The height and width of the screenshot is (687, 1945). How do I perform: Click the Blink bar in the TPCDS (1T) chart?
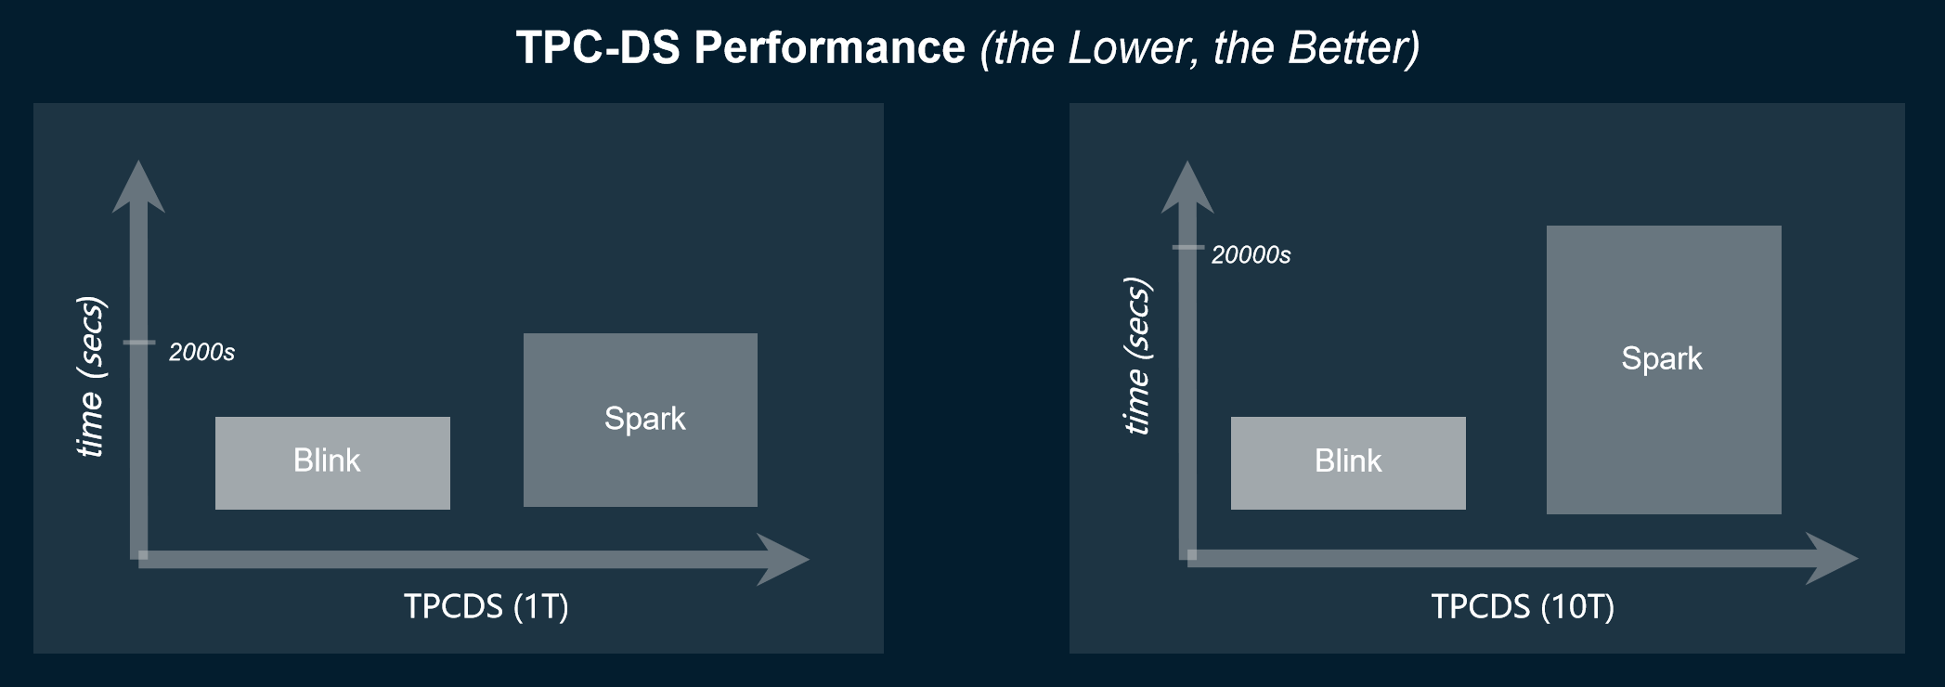pyautogui.click(x=332, y=462)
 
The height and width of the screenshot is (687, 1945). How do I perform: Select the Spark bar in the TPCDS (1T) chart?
pyautogui.click(x=641, y=420)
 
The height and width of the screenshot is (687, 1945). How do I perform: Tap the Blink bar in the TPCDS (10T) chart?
pyautogui.click(x=1348, y=462)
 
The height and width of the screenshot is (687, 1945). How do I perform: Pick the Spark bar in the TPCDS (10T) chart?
pyautogui.click(x=1664, y=369)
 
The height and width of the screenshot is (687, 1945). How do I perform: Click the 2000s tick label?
pyautogui.click(x=201, y=353)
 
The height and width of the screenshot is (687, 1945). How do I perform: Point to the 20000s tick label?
pyautogui.click(x=1251, y=255)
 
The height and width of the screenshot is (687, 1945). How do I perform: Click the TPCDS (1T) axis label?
pyautogui.click(x=486, y=606)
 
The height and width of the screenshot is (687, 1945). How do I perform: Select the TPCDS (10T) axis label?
pyautogui.click(x=1523, y=606)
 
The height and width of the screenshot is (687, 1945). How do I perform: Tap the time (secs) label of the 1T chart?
pyautogui.click(x=90, y=377)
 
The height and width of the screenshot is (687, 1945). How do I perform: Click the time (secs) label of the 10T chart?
pyautogui.click(x=1137, y=356)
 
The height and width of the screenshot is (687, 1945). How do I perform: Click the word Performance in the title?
pyautogui.click(x=829, y=47)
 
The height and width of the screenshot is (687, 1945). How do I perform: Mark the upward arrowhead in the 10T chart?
pyautogui.click(x=1187, y=188)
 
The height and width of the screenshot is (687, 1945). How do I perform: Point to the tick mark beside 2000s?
pyautogui.click(x=139, y=343)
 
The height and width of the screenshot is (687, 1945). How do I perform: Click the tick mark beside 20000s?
pyautogui.click(x=1187, y=247)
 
